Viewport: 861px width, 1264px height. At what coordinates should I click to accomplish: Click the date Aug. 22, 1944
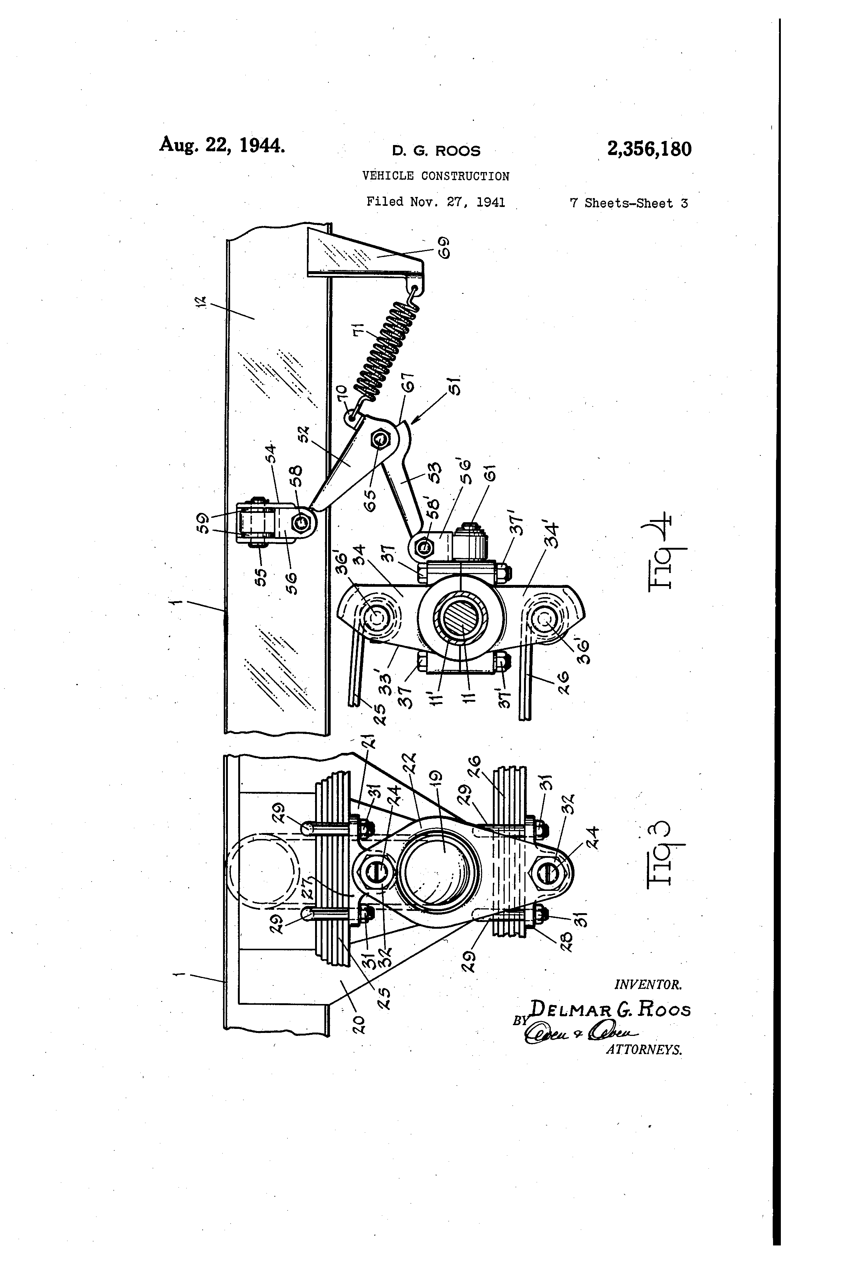coord(222,145)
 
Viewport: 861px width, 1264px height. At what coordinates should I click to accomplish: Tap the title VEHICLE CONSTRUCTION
coord(436,176)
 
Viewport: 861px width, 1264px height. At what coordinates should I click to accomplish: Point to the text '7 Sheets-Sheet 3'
coord(629,203)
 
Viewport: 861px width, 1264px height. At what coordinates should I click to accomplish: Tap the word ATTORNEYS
coord(644,1050)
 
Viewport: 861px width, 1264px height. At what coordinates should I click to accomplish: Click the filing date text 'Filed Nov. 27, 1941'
coord(435,203)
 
